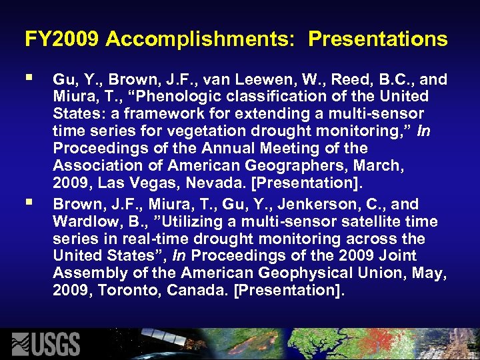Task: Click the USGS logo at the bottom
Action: [x=47, y=343]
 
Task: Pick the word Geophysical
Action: [x=316, y=273]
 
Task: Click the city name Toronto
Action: [x=127, y=290]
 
